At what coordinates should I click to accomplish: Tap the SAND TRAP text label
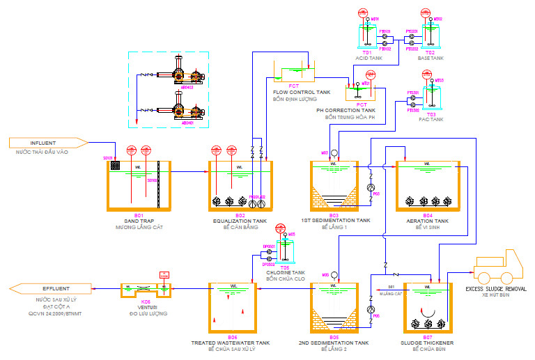coord(139,221)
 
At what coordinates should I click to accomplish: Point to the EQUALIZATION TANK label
coord(240,221)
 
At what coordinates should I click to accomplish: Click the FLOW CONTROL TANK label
coord(302,92)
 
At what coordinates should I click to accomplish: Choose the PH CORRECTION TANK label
coord(346,110)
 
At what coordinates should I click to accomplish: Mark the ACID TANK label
coord(369,58)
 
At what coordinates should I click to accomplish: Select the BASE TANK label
coord(431,58)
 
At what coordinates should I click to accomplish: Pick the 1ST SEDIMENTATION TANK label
coord(336,221)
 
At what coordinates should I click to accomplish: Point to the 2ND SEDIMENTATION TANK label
coord(334,343)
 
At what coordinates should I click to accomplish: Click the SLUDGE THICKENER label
coord(428,343)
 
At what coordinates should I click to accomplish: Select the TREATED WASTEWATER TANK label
coord(231,343)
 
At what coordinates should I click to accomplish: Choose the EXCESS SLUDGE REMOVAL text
coord(495,288)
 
